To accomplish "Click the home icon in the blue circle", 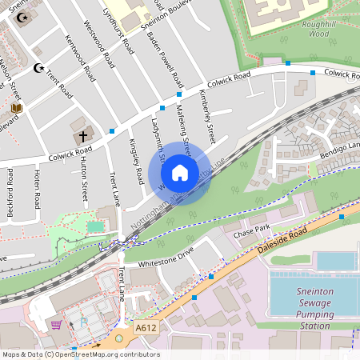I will [180, 173].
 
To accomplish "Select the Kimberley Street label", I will [207, 115].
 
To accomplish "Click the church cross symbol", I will [82, 136].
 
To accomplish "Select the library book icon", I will [17, 108].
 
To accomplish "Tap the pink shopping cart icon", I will [56, 325].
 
